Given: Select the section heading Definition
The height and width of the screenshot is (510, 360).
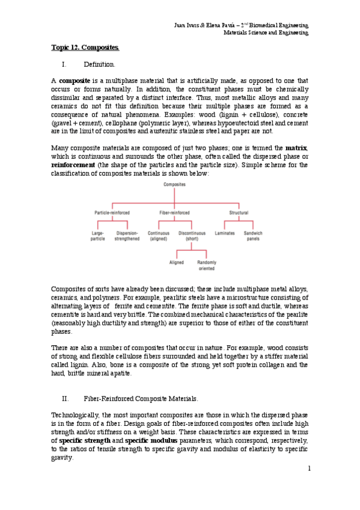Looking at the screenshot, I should [99, 64].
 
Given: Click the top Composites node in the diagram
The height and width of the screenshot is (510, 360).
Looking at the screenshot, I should [174, 184].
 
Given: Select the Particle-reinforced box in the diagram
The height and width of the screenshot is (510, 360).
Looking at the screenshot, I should [112, 213].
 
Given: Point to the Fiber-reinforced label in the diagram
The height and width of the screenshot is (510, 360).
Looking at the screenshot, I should [174, 213].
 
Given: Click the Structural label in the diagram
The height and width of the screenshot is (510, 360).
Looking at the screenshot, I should [239, 213].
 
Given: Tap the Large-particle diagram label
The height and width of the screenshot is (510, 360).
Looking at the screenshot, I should [98, 236].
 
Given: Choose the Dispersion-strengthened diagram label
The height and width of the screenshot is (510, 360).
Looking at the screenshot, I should [127, 236].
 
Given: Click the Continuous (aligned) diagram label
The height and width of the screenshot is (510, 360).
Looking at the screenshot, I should [159, 236].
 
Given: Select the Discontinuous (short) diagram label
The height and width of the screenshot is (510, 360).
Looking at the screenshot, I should [192, 236].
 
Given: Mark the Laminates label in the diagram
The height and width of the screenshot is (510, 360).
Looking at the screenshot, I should [225, 233].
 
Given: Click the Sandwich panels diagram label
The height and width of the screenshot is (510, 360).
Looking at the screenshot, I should [253, 236].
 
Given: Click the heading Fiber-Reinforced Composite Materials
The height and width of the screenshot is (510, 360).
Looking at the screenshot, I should [139, 398].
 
